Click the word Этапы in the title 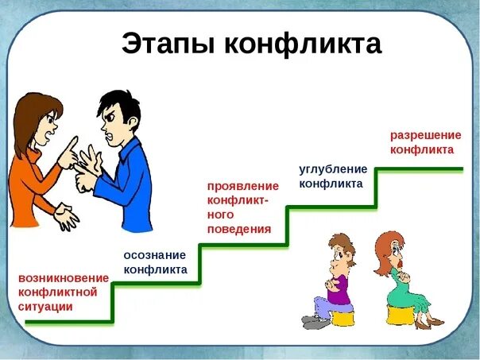(x=164, y=45)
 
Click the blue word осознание (x=154, y=254)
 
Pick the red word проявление (x=242, y=186)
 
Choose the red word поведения (x=238, y=229)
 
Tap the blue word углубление (x=333, y=168)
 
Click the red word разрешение (x=422, y=134)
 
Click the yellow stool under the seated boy (x=343, y=318)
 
